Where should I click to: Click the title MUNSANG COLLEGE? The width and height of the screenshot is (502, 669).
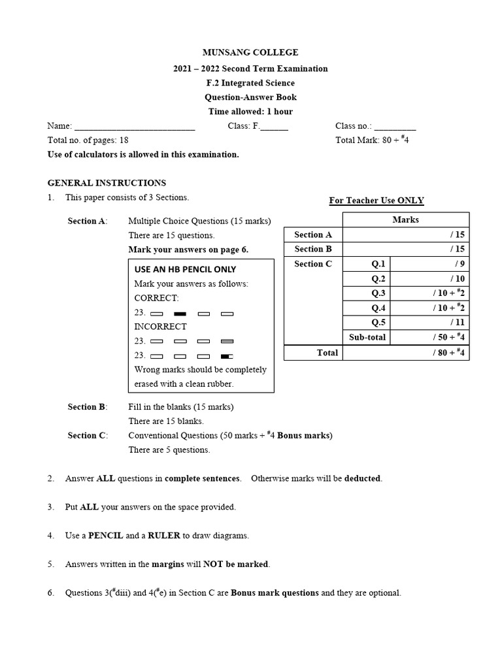[x=251, y=52]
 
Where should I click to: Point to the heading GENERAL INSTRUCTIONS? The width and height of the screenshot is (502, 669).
[x=107, y=183]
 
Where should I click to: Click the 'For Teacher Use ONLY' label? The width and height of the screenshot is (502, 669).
[x=376, y=201]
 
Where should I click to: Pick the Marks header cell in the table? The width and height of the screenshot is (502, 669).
[x=405, y=220]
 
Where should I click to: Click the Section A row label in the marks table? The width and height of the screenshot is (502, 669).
[x=313, y=235]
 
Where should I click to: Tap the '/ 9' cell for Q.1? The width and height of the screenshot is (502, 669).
[x=429, y=264]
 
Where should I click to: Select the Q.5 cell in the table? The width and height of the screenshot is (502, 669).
[x=379, y=323]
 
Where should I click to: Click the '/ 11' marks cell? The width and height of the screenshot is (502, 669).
[x=429, y=323]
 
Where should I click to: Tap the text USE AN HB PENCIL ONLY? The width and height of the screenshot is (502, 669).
[x=185, y=269]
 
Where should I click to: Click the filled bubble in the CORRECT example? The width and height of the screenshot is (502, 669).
[x=180, y=313]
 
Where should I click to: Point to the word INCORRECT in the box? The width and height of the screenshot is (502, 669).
[x=160, y=327]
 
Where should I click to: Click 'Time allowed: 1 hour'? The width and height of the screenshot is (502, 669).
[x=251, y=112]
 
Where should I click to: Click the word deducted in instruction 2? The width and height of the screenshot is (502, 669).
[x=362, y=478]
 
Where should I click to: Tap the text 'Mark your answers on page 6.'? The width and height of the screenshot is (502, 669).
[x=188, y=250]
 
